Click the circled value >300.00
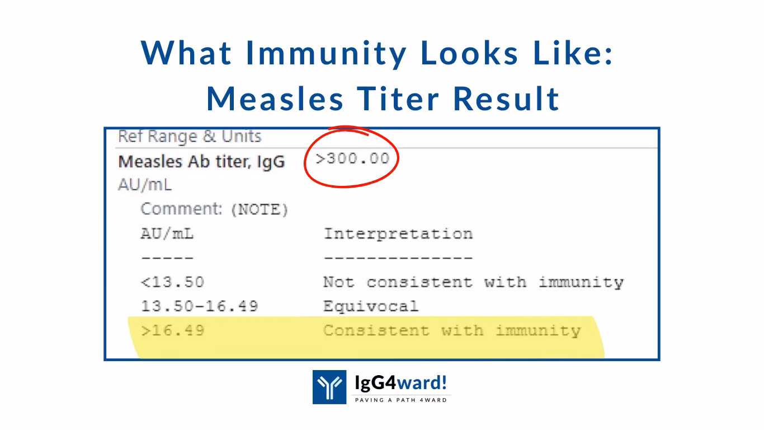352,158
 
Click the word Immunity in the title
327,53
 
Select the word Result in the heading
506,99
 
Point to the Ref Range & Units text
190,137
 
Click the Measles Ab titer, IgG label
201,162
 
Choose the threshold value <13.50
172,282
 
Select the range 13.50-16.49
199,306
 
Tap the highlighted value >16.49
172,330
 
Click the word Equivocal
370,306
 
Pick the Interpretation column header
398,233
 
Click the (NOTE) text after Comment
259,210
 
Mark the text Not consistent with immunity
473,282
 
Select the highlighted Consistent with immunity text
451,330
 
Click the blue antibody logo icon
329,387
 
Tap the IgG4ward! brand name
401,383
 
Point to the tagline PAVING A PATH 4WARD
401,400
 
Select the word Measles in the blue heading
275,99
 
